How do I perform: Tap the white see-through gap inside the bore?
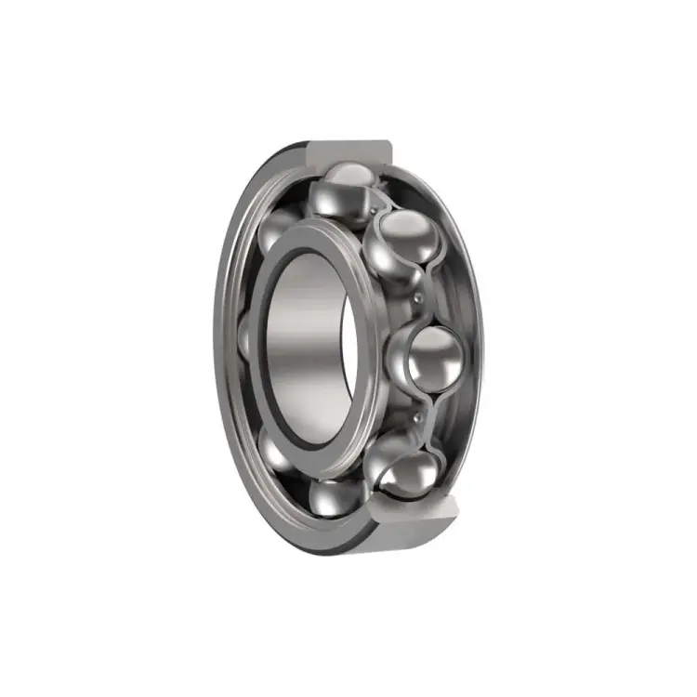click(x=348, y=353)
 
